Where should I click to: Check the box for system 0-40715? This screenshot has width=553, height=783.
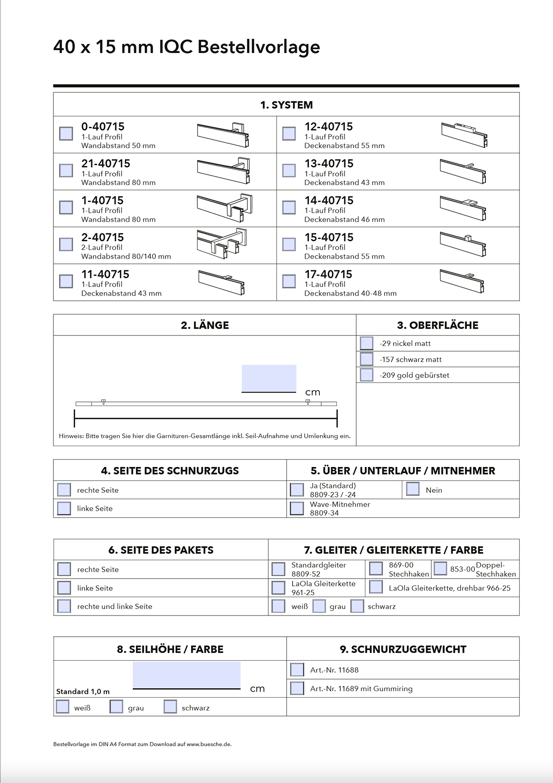pyautogui.click(x=66, y=133)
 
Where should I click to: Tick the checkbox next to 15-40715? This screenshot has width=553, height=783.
pyautogui.click(x=289, y=244)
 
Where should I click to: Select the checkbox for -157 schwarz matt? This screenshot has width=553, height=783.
pyautogui.click(x=367, y=359)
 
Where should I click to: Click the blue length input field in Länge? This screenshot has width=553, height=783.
pyautogui.click(x=269, y=378)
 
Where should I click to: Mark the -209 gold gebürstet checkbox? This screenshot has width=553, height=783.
pyautogui.click(x=367, y=375)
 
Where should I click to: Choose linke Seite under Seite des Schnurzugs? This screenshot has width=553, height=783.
pyautogui.click(x=64, y=508)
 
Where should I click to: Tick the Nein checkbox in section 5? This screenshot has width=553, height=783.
pyautogui.click(x=413, y=489)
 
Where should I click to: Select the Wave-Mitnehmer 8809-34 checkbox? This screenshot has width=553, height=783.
pyautogui.click(x=297, y=508)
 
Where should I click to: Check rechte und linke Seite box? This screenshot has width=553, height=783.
pyautogui.click(x=64, y=606)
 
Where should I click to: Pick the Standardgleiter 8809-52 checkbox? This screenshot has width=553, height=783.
pyautogui.click(x=278, y=569)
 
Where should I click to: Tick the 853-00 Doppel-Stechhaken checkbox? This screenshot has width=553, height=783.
pyautogui.click(x=440, y=568)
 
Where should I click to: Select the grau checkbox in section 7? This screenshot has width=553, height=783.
pyautogui.click(x=319, y=606)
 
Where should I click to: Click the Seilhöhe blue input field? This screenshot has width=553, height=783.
pyautogui.click(x=187, y=675)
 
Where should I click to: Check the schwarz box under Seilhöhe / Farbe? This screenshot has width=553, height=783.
pyautogui.click(x=171, y=707)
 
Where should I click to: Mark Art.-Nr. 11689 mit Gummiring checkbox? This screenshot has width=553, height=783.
pyautogui.click(x=297, y=688)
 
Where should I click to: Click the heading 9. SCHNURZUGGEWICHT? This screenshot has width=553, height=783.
pyautogui.click(x=403, y=649)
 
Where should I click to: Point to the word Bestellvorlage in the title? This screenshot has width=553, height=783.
pyautogui.click(x=259, y=47)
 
